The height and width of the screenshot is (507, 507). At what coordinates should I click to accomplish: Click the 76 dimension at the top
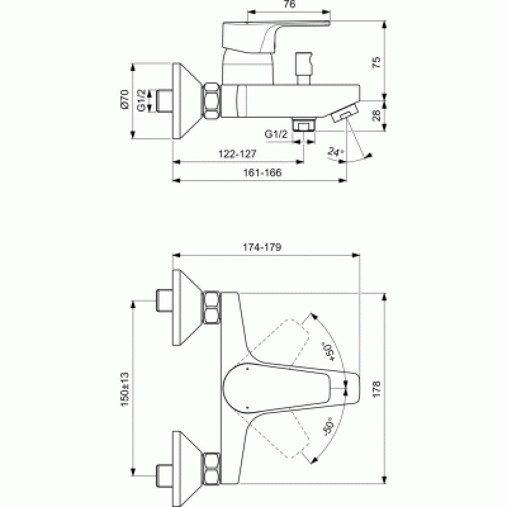point(290,4)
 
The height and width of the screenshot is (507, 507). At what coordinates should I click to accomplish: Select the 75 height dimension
point(376,62)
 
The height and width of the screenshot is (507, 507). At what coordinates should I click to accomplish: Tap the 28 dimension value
point(376,115)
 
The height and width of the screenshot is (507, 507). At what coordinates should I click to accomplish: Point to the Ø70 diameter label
point(124,99)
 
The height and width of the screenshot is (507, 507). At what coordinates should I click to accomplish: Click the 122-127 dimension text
point(237,153)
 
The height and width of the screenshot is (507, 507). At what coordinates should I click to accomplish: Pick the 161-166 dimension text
point(262,172)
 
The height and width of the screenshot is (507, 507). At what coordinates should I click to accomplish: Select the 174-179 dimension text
point(262,247)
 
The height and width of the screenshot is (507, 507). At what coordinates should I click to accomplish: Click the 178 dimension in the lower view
point(376,389)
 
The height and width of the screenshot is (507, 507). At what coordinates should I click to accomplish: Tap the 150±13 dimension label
point(125,389)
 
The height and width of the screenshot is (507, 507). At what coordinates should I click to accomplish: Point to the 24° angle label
point(336,151)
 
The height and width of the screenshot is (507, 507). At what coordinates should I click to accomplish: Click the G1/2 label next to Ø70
point(141,100)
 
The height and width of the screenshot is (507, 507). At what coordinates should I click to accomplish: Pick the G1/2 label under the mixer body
point(276,134)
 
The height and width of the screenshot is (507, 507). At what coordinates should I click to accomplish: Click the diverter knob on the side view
point(304,68)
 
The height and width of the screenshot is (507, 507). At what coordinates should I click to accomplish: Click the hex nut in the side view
point(212,101)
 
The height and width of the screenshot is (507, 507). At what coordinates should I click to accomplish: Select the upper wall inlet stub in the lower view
point(164,300)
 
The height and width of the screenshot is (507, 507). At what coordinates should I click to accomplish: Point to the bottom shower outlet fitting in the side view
point(304,125)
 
